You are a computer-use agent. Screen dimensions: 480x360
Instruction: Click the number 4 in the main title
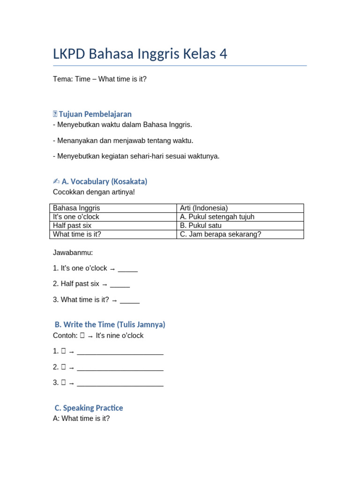tap(223, 54)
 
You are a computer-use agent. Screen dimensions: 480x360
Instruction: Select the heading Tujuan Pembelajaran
tap(95, 114)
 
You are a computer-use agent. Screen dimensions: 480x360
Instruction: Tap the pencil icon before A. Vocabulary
tap(56, 181)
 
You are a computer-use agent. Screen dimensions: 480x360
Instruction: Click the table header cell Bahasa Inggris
tap(76, 208)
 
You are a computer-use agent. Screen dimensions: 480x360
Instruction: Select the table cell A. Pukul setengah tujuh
tap(217, 217)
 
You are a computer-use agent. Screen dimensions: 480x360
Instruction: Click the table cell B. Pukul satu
tap(201, 225)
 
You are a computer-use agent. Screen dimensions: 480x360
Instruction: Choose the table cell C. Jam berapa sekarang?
tap(220, 234)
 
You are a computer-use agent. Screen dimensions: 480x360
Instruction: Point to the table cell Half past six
tap(72, 225)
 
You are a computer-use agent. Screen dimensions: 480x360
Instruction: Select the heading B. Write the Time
tap(110, 324)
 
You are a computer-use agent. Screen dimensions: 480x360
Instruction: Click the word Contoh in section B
tap(65, 336)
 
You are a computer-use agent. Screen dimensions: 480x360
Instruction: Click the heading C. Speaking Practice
tap(89, 408)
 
